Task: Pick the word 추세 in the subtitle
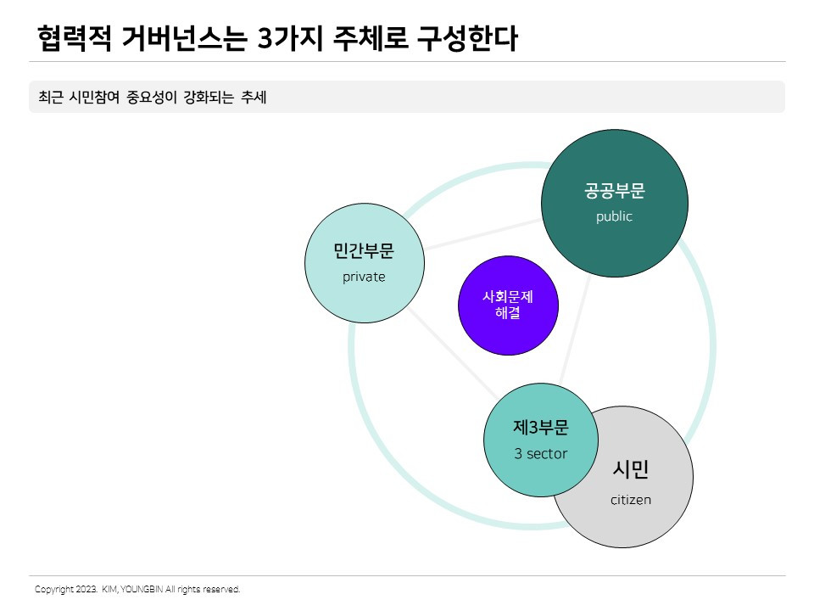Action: pyautogui.click(x=254, y=98)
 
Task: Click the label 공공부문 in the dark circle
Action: pyautogui.click(x=615, y=191)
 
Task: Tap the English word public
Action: pyautogui.click(x=614, y=216)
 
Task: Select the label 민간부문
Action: pyautogui.click(x=364, y=251)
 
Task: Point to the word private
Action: pyautogui.click(x=364, y=277)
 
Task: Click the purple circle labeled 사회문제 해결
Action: pyautogui.click(x=508, y=305)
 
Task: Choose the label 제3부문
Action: pyautogui.click(x=541, y=428)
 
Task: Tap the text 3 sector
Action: pyautogui.click(x=541, y=454)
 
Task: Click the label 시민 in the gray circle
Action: pyautogui.click(x=631, y=469)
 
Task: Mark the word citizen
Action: pyautogui.click(x=631, y=500)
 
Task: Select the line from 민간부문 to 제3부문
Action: pyautogui.click(x=449, y=350)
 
